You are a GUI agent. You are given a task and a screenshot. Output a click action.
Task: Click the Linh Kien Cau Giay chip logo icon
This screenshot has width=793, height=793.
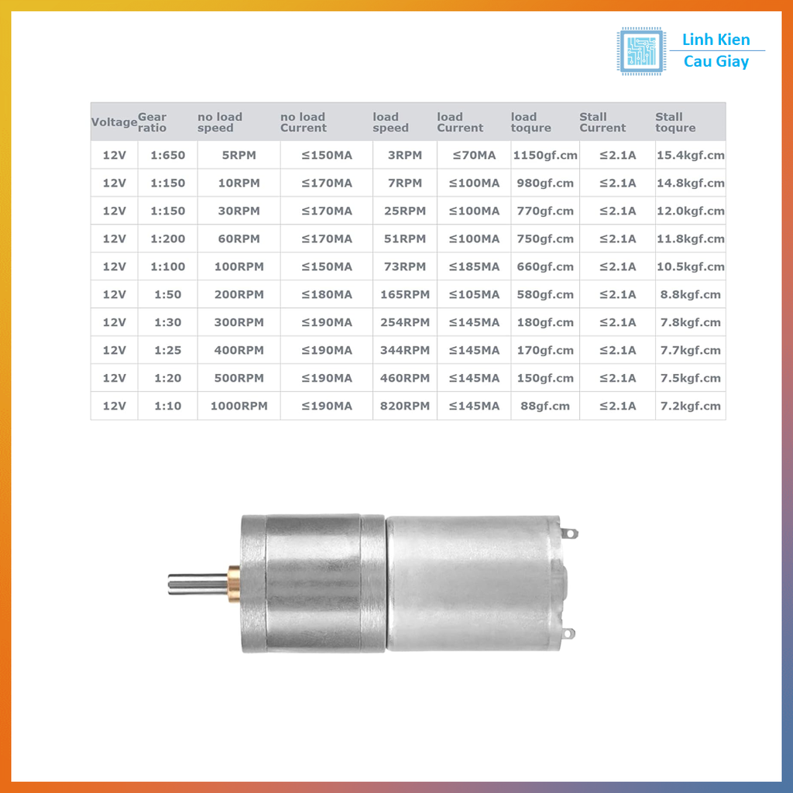[x=640, y=50]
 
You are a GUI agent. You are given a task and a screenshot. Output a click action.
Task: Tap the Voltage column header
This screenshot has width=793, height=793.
[x=114, y=122]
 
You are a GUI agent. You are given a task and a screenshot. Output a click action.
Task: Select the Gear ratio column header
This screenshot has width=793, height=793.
[x=153, y=122]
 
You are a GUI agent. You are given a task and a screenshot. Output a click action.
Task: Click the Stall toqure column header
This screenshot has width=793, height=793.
[x=675, y=122]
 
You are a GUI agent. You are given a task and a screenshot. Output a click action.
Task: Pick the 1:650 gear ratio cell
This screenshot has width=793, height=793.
[x=168, y=155]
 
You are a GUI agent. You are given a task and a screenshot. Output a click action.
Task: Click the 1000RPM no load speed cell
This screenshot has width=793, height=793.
[x=239, y=406]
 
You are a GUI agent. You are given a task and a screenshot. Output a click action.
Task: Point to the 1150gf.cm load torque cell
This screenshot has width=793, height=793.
[x=545, y=155]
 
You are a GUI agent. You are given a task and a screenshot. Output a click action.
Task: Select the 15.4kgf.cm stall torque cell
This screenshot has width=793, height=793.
[x=690, y=155]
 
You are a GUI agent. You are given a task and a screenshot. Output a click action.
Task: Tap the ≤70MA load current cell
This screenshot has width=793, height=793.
[x=473, y=155]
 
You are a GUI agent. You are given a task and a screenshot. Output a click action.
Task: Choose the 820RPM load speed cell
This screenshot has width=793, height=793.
[x=404, y=406]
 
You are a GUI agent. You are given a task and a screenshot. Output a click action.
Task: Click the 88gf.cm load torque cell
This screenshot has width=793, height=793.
[x=545, y=406]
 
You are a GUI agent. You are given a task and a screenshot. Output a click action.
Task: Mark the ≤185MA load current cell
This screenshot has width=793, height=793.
[x=473, y=266]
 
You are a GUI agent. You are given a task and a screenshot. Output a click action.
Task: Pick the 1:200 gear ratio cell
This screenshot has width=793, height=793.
[x=168, y=239]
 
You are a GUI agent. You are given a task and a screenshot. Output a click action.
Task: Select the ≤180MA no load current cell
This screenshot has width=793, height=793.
[x=326, y=294]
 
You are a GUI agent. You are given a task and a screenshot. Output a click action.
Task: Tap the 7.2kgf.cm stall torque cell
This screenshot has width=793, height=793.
[x=690, y=406]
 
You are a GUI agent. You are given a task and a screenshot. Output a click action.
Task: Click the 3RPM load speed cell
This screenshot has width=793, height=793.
[x=404, y=155]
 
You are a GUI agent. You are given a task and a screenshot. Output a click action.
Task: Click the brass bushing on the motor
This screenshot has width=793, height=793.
[x=234, y=583]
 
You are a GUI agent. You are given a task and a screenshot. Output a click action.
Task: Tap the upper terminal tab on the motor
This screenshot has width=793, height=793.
[x=570, y=533]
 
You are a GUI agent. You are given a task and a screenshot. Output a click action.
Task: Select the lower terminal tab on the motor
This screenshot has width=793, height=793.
[x=569, y=633]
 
